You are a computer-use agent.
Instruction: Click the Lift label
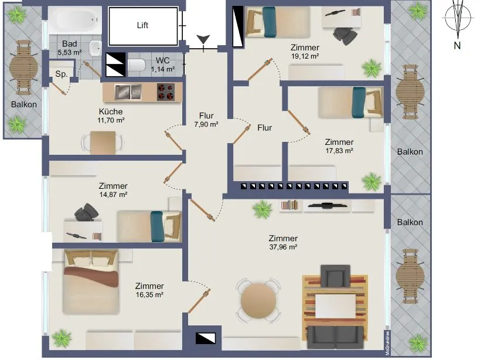(142, 25)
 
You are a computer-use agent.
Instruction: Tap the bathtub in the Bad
(75, 20)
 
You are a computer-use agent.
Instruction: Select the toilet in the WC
(137, 65)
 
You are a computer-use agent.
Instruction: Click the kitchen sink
(128, 92)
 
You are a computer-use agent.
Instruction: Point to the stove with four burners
(166, 92)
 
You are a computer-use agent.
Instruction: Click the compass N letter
(457, 46)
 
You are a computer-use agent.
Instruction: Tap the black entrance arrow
(203, 39)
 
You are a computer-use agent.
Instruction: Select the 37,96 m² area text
(283, 247)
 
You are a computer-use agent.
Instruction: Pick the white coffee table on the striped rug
(335, 306)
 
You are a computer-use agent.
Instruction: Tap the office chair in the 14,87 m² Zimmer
(86, 212)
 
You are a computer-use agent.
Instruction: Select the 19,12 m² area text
(305, 56)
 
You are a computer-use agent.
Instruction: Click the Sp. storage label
(62, 74)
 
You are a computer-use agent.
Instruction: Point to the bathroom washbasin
(96, 48)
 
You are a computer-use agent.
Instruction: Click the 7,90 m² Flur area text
(206, 124)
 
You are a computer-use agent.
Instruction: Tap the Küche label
(111, 111)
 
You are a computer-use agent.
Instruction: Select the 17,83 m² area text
(339, 151)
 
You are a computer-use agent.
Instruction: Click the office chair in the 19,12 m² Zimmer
(345, 35)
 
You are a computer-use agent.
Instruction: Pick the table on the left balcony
(23, 67)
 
